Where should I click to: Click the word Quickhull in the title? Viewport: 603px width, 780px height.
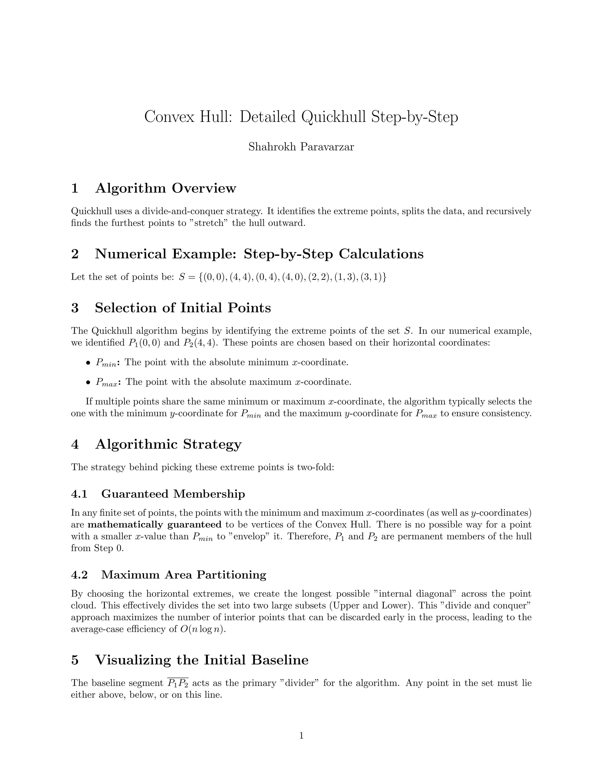[x=334, y=117]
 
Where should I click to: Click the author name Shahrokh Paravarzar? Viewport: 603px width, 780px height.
[x=301, y=147]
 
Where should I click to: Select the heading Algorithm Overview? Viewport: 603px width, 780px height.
[x=165, y=188]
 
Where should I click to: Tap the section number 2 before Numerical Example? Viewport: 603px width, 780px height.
[x=75, y=254]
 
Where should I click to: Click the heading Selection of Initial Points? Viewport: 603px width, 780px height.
[x=183, y=308]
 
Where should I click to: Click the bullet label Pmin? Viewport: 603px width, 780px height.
[x=106, y=363]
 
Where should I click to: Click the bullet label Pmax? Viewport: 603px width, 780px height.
[x=107, y=383]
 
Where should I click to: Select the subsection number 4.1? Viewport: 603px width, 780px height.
[x=79, y=494]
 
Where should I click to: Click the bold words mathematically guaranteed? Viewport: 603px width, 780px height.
[x=155, y=525]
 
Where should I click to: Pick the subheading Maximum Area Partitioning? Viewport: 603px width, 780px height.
[x=184, y=575]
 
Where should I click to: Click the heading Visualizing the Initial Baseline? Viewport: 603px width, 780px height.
[x=201, y=660]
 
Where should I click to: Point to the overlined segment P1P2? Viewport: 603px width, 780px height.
[x=178, y=683]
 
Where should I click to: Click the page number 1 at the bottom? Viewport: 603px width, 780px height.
[x=301, y=735]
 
